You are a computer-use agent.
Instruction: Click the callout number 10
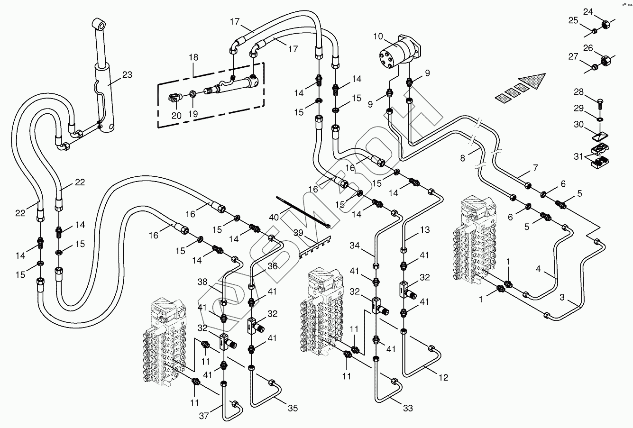pyautogui.click(x=378, y=36)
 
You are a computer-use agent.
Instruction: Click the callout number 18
pyautogui.click(x=193, y=57)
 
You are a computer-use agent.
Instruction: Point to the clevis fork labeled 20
pyautogui.click(x=175, y=98)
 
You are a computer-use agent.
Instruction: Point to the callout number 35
pyautogui.click(x=293, y=408)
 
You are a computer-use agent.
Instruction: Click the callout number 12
pyautogui.click(x=443, y=378)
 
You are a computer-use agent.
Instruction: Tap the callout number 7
pyautogui.click(x=535, y=167)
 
